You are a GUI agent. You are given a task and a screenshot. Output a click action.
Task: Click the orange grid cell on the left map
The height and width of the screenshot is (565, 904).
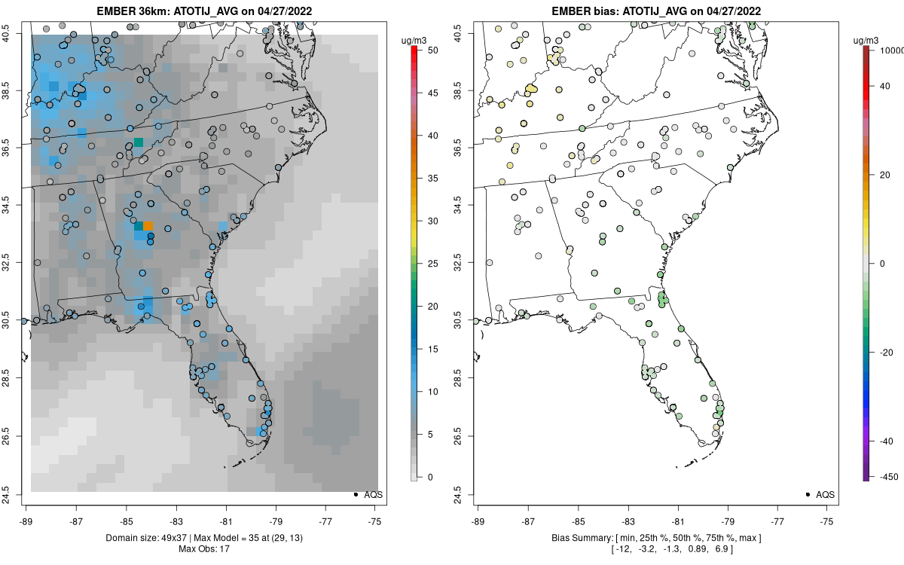[148, 225]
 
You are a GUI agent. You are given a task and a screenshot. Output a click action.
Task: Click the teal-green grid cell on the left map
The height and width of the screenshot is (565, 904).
[138, 142]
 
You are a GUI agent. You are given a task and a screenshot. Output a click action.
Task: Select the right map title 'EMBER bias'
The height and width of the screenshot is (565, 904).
[595, 11]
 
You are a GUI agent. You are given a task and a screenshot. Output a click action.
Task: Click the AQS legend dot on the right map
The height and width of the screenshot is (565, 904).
[807, 495]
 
